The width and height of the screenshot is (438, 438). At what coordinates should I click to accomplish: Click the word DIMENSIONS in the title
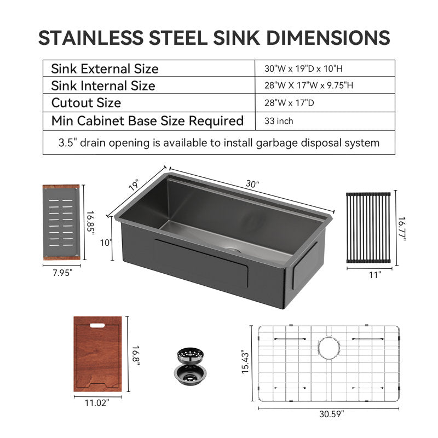pyautogui.click(x=328, y=38)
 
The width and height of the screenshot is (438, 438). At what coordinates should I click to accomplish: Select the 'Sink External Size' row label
pyautogui.click(x=105, y=69)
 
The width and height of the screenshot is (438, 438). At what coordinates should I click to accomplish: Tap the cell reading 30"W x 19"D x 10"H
pyautogui.click(x=303, y=68)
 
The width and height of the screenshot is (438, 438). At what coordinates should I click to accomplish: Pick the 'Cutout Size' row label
pyautogui.click(x=86, y=103)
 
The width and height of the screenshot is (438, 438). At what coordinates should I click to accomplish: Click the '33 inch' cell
pyautogui.click(x=279, y=121)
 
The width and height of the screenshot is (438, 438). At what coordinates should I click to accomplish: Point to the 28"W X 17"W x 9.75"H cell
pyautogui.click(x=309, y=85)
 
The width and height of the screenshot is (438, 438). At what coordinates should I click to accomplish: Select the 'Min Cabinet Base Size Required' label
pyautogui.click(x=147, y=121)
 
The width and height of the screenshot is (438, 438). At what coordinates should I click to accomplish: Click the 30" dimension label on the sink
pyautogui.click(x=252, y=184)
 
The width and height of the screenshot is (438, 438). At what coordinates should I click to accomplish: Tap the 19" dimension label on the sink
pyautogui.click(x=134, y=185)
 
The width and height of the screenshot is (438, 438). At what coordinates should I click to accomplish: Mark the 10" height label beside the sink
pyautogui.click(x=106, y=243)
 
